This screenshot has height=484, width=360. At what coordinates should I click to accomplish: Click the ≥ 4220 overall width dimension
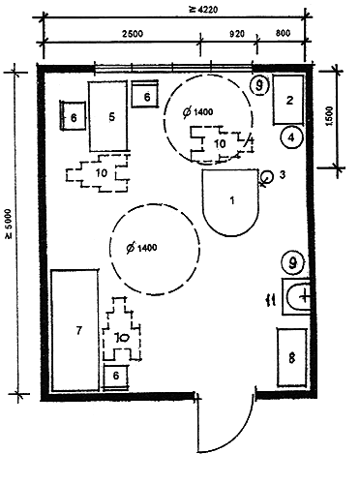pyautogui.click(x=203, y=9)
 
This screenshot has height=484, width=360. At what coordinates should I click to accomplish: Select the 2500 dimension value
pyautogui.click(x=133, y=34)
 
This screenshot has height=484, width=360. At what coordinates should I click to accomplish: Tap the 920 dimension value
pyautogui.click(x=237, y=34)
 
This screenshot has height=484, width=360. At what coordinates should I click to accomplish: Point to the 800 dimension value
pyautogui.click(x=284, y=33)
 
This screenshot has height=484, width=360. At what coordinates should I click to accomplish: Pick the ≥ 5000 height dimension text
pyautogui.click(x=8, y=224)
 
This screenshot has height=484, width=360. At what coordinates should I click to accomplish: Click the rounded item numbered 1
pyautogui.click(x=230, y=203)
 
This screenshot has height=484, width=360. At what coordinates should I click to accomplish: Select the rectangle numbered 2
pyautogui.click(x=288, y=100)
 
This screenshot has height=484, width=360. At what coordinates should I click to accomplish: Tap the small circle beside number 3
pyautogui.click(x=266, y=176)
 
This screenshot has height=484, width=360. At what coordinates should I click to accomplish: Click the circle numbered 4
pyautogui.click(x=291, y=137)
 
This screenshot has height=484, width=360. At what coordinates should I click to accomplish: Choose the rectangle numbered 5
pyautogui.click(x=108, y=116)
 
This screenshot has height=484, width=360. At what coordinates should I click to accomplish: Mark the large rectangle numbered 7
pyautogui.click(x=75, y=330)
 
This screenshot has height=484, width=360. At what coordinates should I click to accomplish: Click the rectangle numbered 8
pyautogui.click(x=292, y=357)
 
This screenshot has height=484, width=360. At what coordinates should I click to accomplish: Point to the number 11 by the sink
pyautogui.click(x=272, y=301)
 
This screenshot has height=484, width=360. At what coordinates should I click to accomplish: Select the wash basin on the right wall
pyautogui.click(x=296, y=296)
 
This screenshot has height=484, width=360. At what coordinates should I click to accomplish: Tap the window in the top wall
pyautogui.click(x=173, y=68)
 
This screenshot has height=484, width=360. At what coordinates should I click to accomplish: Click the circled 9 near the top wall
pyautogui.click(x=259, y=85)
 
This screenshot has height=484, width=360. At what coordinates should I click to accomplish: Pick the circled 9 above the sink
pyautogui.click(x=292, y=263)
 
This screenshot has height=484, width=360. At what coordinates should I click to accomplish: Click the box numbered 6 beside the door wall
pyautogui.click(x=116, y=377)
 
